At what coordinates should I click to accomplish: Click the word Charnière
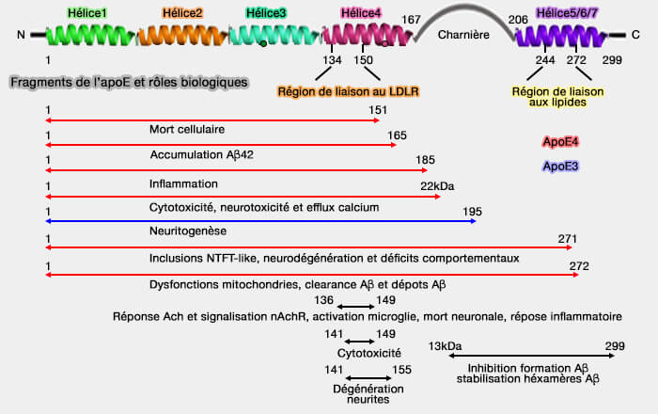point(463,35)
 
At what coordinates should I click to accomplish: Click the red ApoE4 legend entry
point(560,142)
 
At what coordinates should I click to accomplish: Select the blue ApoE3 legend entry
point(560,167)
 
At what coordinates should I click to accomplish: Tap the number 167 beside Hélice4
point(411,19)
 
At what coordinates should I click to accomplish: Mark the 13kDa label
point(446,345)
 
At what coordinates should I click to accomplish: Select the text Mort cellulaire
point(187,128)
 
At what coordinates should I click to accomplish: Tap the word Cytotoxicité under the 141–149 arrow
point(361,353)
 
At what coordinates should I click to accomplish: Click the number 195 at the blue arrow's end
point(473,211)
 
